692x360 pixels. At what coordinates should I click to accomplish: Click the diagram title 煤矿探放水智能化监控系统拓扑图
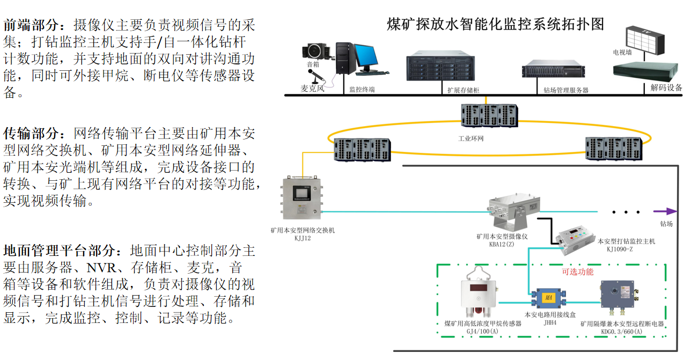(495, 24)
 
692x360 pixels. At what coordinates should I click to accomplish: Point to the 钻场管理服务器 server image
(553, 71)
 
